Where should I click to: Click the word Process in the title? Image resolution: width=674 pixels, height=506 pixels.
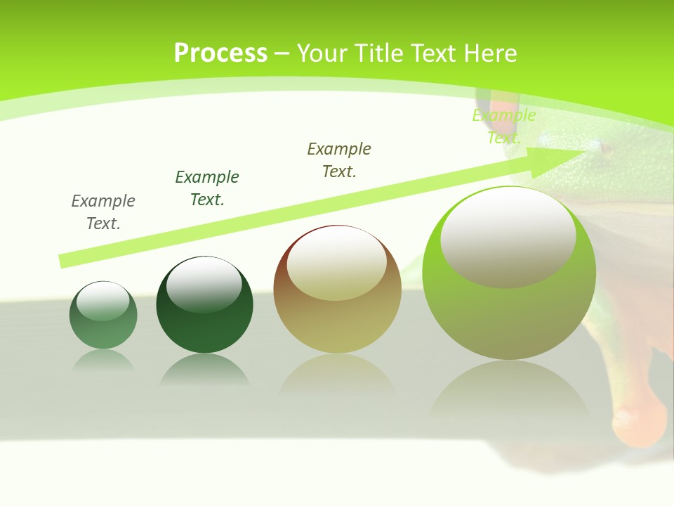pos(220,53)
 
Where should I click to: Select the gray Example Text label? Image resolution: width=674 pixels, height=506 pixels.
pos(103,212)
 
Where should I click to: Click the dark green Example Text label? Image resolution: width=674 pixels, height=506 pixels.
pos(207,188)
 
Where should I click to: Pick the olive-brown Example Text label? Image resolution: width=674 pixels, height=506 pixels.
pos(339,160)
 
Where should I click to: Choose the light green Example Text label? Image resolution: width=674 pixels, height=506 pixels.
pos(504,126)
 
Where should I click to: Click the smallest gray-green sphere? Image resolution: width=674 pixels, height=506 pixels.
pos(103,323)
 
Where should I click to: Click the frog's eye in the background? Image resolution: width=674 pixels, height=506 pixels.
pos(606,149)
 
